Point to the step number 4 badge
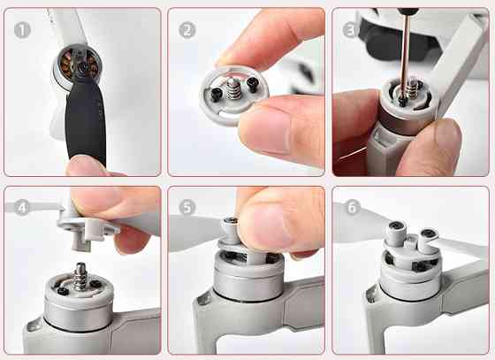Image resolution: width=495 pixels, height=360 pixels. tap(21, 209)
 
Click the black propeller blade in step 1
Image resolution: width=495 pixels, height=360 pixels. tap(88, 124)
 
